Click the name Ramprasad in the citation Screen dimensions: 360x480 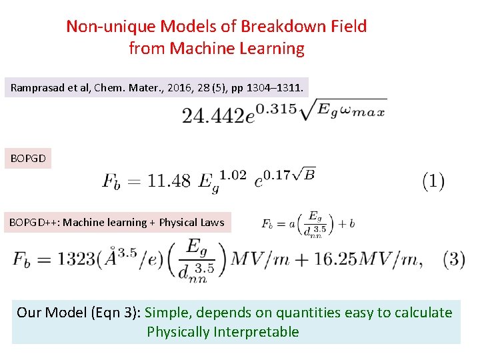coord(37,87)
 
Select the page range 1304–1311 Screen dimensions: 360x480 coord(277,87)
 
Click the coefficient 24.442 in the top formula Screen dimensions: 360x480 coord(213,115)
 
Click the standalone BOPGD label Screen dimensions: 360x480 coord(29,159)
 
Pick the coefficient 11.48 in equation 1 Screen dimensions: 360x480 coord(169,181)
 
